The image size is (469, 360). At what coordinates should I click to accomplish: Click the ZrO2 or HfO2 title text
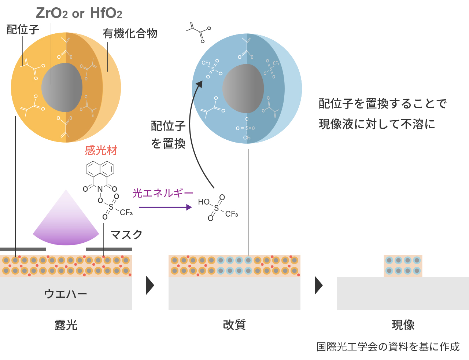pos(79,14)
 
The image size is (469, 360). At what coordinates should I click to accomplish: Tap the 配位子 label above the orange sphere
pos(23,30)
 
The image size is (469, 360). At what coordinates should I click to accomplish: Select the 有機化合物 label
pos(130,34)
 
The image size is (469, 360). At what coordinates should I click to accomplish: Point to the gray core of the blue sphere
pos(243,88)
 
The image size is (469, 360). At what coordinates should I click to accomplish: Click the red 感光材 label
pos(101,150)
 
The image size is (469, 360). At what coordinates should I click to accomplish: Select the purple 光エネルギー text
pos(162,193)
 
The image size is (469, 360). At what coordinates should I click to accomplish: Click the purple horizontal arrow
pos(165,207)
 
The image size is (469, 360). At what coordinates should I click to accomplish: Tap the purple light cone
pos(66,224)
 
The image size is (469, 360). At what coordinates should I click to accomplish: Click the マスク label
pos(126,235)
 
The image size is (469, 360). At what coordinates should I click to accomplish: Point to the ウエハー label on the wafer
pos(66,294)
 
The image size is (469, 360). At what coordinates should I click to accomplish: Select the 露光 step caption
pos(66,325)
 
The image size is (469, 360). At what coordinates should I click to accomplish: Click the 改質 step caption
pos(234,325)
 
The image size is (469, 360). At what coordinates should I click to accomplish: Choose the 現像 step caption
pos(403,325)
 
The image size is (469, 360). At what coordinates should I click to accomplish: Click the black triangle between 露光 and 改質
pos(150,285)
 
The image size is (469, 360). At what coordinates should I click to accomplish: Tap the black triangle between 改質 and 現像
pos(318,285)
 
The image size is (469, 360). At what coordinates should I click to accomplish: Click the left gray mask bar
pos(23,249)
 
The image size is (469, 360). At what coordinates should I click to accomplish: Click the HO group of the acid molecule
pos(203,202)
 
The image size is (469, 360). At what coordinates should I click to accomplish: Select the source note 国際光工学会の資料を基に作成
pos(388,347)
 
